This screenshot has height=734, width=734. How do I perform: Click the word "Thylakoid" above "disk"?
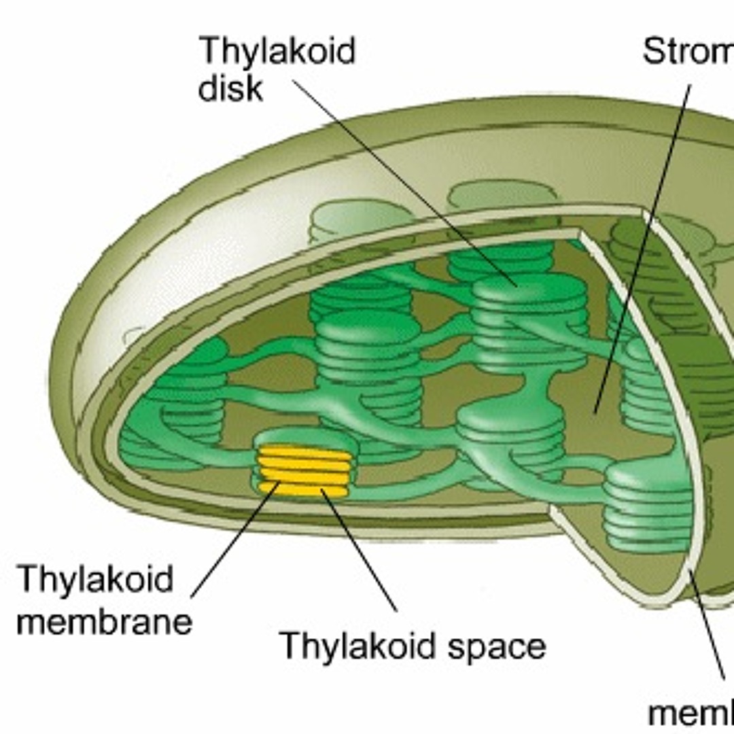pyautogui.click(x=277, y=52)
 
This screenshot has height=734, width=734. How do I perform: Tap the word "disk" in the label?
pyautogui.click(x=230, y=88)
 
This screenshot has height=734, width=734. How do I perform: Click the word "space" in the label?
pyautogui.click(x=497, y=646)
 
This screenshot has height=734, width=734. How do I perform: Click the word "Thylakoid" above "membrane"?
pyautogui.click(x=96, y=579)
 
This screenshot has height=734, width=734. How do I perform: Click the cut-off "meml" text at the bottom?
pyautogui.click(x=691, y=714)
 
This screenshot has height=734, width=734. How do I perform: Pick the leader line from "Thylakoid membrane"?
pyautogui.click(x=234, y=540)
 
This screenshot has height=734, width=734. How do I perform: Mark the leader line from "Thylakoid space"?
pyautogui.click(x=359, y=550)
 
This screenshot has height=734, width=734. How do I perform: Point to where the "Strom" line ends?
pyautogui.click(x=595, y=413)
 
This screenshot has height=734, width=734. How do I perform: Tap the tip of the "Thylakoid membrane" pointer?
pyautogui.click(x=279, y=483)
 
